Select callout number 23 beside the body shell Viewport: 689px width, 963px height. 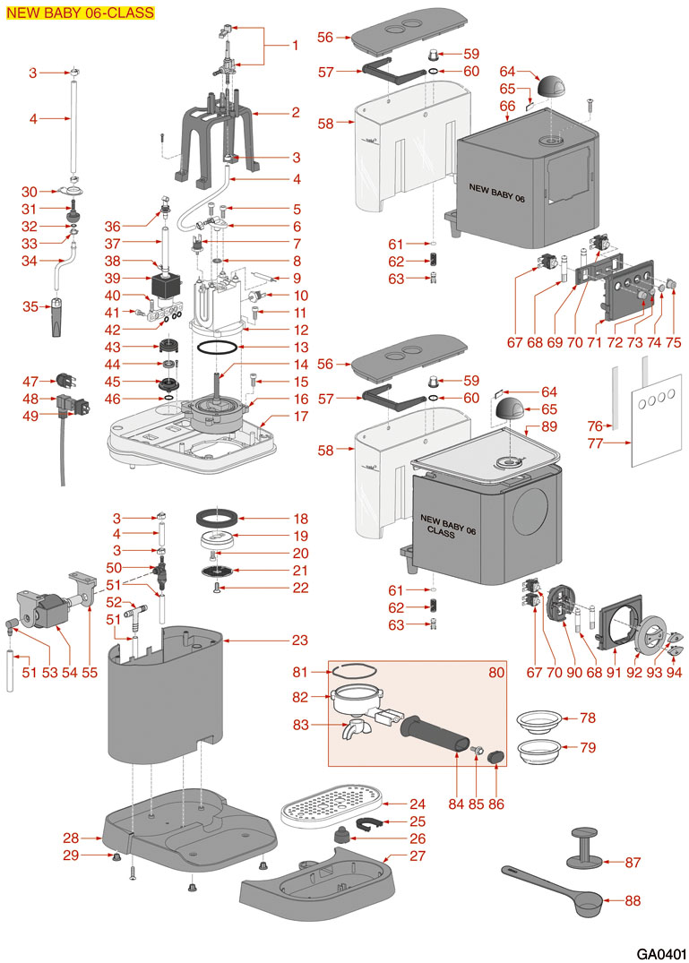300,640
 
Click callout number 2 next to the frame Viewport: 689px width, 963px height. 296,113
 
